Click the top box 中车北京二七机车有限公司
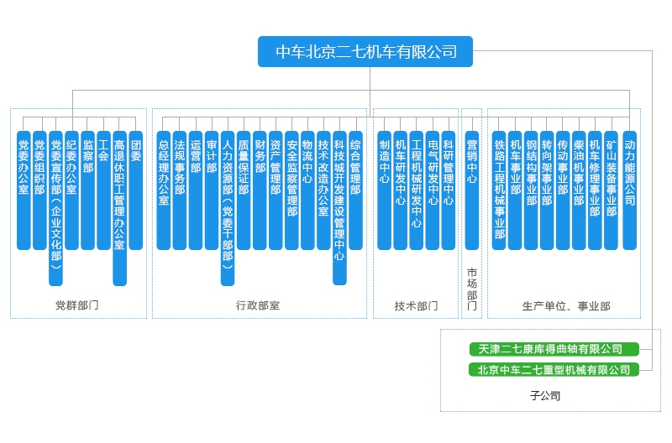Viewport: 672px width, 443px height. click(x=365, y=52)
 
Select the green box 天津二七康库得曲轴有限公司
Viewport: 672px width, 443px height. click(x=550, y=349)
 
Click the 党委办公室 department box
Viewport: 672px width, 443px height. click(x=24, y=190)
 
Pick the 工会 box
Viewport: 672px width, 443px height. click(x=104, y=190)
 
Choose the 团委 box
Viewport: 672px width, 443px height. click(x=136, y=190)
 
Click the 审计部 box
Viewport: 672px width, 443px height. click(x=212, y=190)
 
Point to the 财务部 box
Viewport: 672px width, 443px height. click(x=260, y=190)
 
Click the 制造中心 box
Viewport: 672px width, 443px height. click(x=384, y=190)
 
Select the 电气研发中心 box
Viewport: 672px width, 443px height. click(x=432, y=190)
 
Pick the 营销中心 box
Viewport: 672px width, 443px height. click(x=471, y=190)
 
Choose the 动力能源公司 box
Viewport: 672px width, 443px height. click(x=629, y=190)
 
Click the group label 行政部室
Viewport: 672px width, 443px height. click(x=258, y=305)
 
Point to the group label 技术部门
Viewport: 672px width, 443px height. click(x=416, y=305)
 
